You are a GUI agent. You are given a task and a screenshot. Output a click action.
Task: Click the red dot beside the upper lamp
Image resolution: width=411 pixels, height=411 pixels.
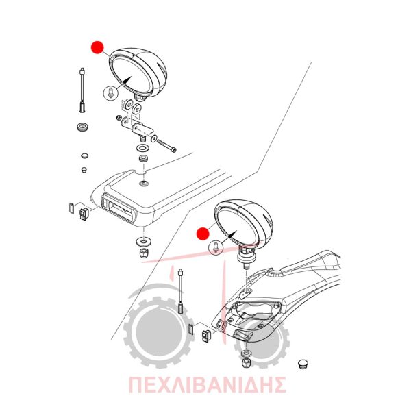tap(97, 48)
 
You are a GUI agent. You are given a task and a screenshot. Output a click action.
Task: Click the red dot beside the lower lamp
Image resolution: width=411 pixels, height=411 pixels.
tap(203, 234)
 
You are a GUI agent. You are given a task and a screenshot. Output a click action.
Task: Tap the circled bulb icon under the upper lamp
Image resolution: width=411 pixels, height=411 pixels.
tap(111, 92)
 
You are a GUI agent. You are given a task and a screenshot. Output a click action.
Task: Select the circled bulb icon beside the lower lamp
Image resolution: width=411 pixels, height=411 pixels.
tap(216, 248)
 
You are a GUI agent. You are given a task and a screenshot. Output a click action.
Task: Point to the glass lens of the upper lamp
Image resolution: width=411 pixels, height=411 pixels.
tap(132, 74)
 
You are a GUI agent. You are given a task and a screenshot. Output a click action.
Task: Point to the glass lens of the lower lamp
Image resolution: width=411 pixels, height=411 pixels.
tap(238, 226)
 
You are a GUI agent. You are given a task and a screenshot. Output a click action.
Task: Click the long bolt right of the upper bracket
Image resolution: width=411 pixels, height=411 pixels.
tap(166, 146)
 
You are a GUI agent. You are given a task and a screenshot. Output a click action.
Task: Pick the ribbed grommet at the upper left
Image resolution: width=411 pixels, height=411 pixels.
tap(84, 127)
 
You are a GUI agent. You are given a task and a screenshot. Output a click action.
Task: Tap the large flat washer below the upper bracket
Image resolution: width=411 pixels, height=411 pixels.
tap(143, 147)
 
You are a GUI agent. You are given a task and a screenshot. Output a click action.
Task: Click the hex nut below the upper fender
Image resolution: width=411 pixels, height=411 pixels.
tap(143, 253)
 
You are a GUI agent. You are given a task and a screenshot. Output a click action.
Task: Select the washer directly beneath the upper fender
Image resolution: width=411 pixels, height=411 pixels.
tap(143, 240)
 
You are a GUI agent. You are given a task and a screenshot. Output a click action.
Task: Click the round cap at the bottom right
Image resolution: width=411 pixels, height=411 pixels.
tap(303, 364)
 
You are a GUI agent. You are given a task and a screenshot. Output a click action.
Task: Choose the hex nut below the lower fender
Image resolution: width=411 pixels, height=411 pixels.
tap(246, 363)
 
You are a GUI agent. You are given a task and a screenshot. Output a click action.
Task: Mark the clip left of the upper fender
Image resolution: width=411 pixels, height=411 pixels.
tap(84, 214)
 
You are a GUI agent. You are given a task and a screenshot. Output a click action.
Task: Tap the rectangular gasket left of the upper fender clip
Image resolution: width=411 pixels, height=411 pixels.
tap(71, 208)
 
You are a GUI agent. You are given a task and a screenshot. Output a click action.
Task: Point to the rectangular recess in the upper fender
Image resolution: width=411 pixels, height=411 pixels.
tap(119, 207)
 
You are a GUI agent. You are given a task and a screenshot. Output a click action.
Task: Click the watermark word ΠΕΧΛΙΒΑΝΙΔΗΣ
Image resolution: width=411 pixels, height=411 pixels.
tap(208, 384)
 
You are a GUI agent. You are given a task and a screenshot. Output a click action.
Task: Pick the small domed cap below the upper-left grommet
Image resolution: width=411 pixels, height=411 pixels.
tap(84, 155)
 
